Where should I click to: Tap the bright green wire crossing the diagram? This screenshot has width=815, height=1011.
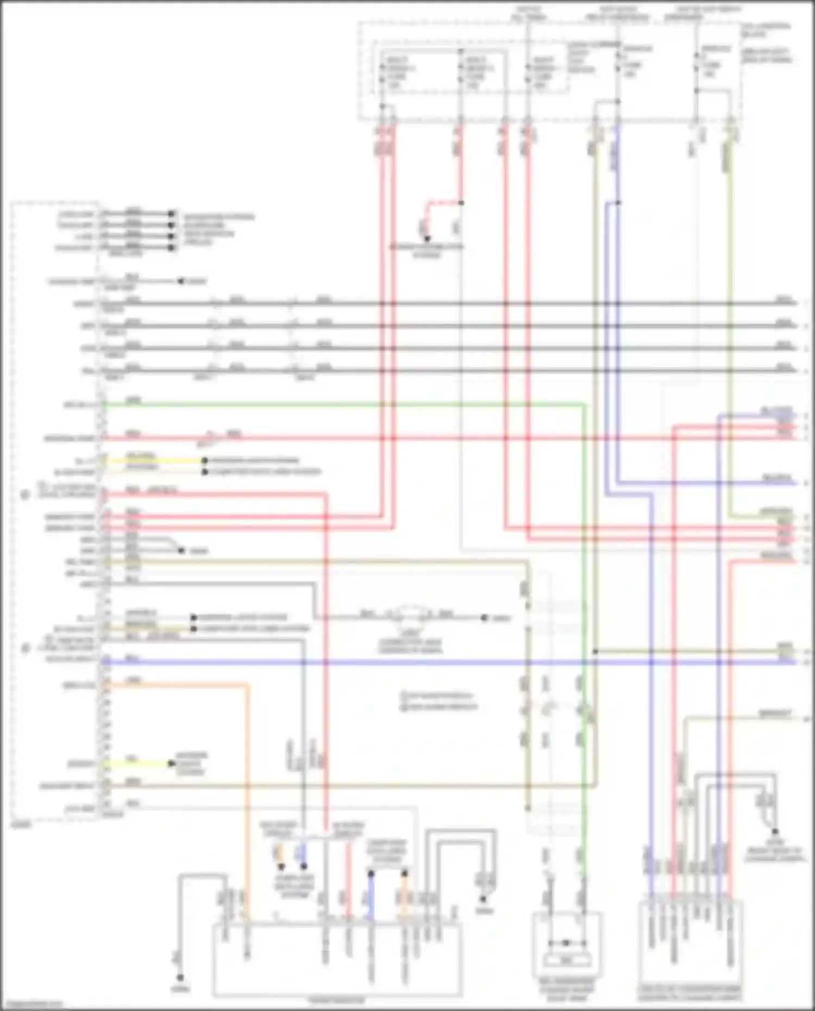(x=326, y=405)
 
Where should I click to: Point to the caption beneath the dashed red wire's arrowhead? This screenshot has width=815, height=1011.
(x=427, y=250)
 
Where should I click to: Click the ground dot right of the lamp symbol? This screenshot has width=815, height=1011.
(x=484, y=618)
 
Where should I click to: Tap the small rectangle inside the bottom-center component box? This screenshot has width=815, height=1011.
(x=566, y=960)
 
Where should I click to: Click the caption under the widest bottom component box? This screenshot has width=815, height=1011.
(x=337, y=1000)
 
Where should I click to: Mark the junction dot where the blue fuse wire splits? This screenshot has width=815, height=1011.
(x=618, y=203)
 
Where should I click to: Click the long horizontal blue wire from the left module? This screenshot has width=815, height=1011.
(x=380, y=662)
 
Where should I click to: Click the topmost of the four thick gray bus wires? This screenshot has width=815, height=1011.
(x=435, y=304)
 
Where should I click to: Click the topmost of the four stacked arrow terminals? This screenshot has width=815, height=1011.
(x=171, y=213)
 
